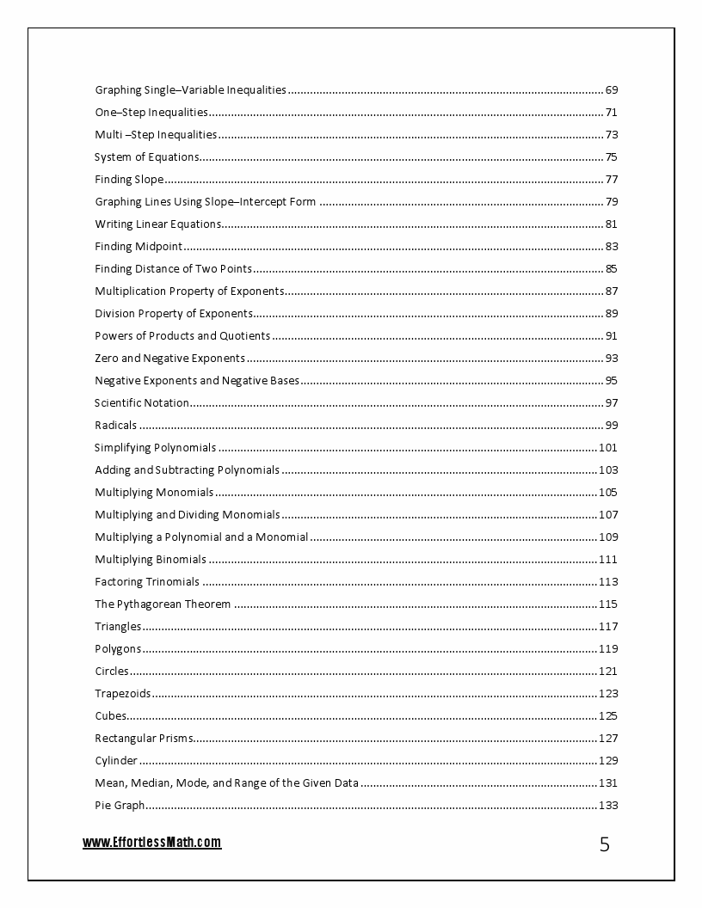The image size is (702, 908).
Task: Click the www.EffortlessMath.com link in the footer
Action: (x=151, y=843)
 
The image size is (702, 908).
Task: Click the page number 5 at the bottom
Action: (x=604, y=844)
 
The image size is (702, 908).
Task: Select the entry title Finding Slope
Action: (x=129, y=180)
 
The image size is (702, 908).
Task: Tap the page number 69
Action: (x=612, y=90)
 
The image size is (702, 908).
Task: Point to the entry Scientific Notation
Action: (x=141, y=403)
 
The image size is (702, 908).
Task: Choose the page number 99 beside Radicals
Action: (x=612, y=426)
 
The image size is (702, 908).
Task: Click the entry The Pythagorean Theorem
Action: (x=163, y=604)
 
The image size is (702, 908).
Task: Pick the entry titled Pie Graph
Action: (x=120, y=806)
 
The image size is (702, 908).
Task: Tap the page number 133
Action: (x=608, y=806)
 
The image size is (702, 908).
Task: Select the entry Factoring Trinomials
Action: (x=147, y=582)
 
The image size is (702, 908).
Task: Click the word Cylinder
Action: (x=116, y=761)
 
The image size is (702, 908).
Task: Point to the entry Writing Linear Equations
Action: (x=157, y=224)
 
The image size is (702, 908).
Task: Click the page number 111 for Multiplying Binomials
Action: (x=608, y=560)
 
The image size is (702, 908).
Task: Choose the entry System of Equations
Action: (x=146, y=157)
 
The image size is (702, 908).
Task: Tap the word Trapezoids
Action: (x=123, y=694)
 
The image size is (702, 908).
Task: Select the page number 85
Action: (x=612, y=269)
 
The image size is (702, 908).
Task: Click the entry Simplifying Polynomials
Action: (x=155, y=448)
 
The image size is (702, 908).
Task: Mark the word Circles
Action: (x=112, y=672)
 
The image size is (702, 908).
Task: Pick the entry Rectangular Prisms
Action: (x=144, y=739)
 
